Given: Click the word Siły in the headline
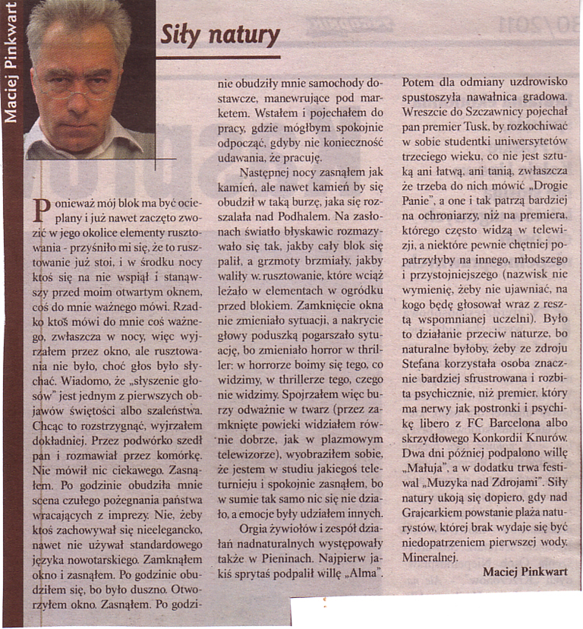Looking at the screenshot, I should pyautogui.click(x=178, y=35).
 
